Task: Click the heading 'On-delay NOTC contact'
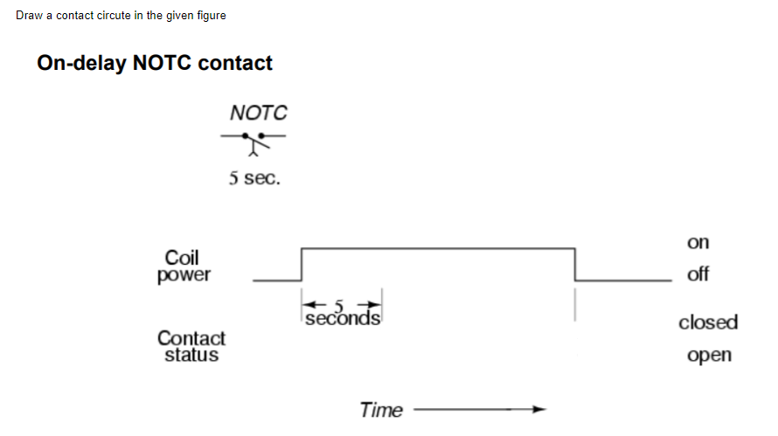pos(155,63)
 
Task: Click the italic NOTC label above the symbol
pos(258,113)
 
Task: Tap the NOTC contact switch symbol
pos(254,142)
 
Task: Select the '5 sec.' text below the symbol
pos(254,179)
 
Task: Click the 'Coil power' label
pos(184,266)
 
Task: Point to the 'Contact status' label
pos(191,346)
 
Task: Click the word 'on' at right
pos(698,242)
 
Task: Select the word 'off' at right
pos(698,274)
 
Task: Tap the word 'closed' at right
pos(708,322)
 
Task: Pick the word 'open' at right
pos(709,356)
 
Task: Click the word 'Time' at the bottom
pos(381,410)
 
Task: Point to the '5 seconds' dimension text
pos(342,315)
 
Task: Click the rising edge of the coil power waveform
pos(302,264)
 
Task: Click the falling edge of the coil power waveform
pos(574,264)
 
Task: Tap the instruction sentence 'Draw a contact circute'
pos(121,16)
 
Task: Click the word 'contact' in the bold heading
pos(234,63)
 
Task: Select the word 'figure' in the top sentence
pos(210,16)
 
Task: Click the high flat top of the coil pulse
pos(437,248)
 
